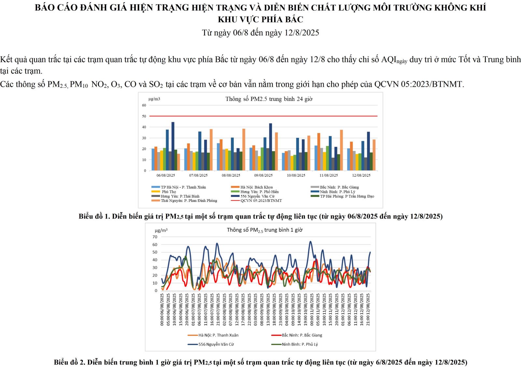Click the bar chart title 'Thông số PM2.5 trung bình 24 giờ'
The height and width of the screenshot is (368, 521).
269,99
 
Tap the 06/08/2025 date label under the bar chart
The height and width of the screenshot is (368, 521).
166,175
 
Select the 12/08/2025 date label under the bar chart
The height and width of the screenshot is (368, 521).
361,175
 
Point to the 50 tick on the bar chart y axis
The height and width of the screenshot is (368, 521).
144,116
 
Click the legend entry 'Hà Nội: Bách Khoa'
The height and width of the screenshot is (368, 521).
256,187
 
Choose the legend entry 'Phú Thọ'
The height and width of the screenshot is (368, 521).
169,192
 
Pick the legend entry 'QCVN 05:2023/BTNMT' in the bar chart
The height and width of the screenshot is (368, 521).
261,201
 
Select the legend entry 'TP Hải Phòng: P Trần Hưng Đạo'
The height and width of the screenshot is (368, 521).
347,196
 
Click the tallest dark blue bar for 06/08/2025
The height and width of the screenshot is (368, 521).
173,146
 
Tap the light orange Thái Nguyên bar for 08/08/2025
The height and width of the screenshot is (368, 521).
244,150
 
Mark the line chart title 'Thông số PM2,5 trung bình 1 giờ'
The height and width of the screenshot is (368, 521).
264,230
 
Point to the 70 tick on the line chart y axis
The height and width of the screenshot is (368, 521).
155,237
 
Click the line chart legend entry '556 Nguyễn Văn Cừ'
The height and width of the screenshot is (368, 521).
216,344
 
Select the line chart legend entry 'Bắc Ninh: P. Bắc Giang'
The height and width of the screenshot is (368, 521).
302,335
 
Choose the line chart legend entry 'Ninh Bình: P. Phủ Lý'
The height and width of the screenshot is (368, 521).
300,344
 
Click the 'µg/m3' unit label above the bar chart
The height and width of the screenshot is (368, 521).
154,99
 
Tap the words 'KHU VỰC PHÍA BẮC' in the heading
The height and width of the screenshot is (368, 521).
260,20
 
